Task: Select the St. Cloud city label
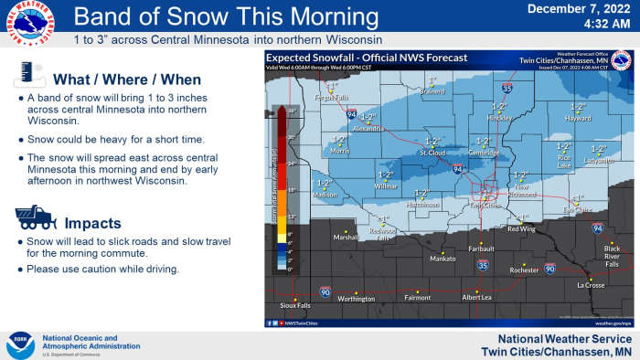tap(432, 153)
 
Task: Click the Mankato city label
tap(443, 259)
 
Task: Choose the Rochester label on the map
tap(524, 270)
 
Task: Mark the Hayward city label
tap(578, 118)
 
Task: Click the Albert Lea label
tap(476, 297)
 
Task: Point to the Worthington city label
tap(356, 298)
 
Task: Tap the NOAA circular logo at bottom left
tap(20, 344)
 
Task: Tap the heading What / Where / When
tap(126, 79)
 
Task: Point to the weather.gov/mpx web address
tap(613, 323)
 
